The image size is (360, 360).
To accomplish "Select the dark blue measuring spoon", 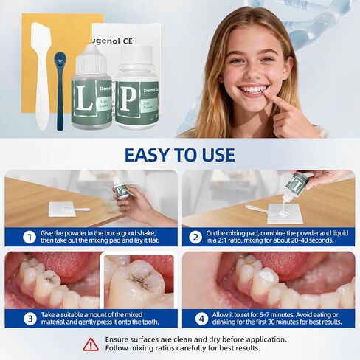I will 60,81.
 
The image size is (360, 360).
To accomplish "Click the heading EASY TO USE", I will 180,155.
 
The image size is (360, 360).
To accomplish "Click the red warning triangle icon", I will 90,344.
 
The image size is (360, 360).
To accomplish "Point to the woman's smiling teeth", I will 254,89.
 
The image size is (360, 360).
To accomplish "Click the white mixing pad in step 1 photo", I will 63,210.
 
